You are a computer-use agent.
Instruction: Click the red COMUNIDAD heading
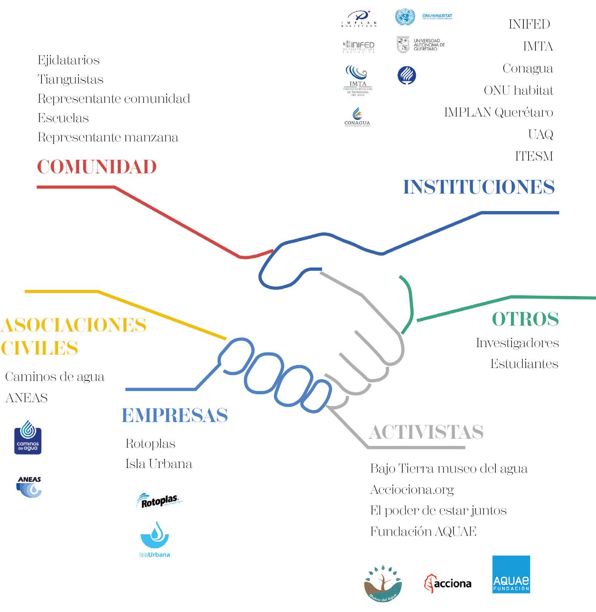click(97, 167)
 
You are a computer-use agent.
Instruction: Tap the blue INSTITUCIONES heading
click(479, 187)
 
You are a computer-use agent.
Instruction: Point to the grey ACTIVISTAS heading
click(426, 432)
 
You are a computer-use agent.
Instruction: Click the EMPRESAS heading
click(175, 415)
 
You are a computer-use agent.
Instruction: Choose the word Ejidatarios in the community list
click(69, 60)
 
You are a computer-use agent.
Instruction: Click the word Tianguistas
click(70, 80)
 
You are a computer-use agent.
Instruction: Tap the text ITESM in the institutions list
click(534, 156)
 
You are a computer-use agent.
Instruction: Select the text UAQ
click(540, 134)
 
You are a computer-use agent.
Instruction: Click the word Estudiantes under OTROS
click(524, 364)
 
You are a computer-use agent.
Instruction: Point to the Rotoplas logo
click(159, 501)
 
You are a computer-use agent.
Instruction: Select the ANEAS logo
click(29, 487)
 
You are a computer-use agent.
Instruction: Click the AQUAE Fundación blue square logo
click(511, 574)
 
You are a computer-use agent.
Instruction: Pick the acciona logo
click(448, 583)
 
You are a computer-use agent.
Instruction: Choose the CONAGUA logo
click(357, 117)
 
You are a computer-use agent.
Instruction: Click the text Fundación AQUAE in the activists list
click(423, 532)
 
